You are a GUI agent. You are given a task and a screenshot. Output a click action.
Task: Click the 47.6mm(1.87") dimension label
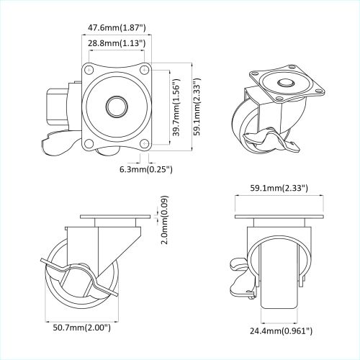116,28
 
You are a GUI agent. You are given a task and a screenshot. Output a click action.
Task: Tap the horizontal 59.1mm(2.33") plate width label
279,188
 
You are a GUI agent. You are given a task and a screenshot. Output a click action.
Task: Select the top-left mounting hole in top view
91,71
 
